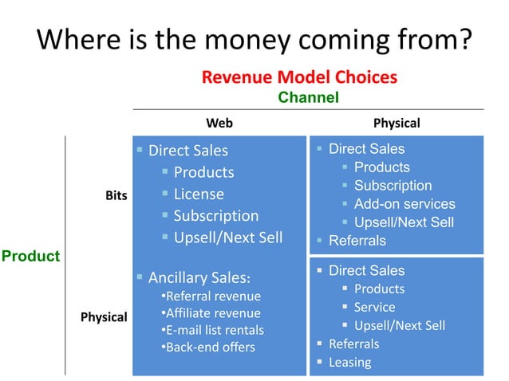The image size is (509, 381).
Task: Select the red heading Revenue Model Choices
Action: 299,77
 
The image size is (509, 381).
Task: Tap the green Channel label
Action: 308,97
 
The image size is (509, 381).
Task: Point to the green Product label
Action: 30,256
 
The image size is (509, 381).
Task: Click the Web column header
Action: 219,123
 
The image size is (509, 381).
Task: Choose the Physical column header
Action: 396,123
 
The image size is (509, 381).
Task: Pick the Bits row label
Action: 116,195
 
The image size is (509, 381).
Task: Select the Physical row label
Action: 104,316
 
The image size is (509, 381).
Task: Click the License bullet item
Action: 199,194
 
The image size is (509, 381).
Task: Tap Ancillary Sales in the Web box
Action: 199,277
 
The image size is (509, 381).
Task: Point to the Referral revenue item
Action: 213,297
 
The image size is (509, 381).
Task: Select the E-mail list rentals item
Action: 215,330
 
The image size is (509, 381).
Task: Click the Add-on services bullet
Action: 404,204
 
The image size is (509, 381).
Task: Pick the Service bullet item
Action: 374,307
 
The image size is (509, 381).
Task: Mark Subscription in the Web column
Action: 215,216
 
